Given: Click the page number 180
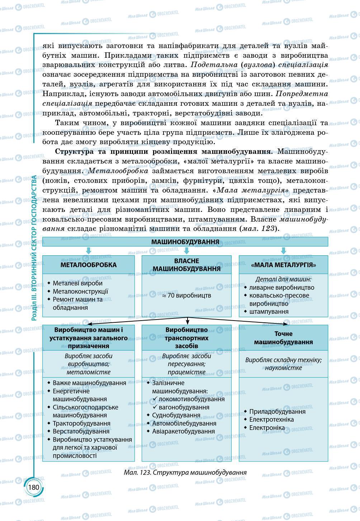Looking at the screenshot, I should [x=33, y=487].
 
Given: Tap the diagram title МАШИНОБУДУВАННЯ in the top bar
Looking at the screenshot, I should [x=185, y=242].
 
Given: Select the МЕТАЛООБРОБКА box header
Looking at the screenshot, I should [x=89, y=265].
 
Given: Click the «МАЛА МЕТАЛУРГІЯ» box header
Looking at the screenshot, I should [x=283, y=265].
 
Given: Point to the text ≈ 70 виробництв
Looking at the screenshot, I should [x=186, y=295].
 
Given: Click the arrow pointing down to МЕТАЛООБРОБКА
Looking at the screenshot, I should [x=89, y=251].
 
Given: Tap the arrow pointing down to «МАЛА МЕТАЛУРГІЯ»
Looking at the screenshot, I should [x=283, y=251].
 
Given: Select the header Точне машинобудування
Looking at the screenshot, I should [x=283, y=338].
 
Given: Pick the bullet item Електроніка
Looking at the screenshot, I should [x=267, y=428].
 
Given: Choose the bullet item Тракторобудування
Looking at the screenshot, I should [x=81, y=423].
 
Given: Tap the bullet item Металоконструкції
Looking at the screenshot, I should [x=80, y=292].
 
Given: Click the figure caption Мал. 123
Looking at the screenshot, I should [x=185, y=472].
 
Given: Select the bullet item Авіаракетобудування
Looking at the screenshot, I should [x=183, y=431].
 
